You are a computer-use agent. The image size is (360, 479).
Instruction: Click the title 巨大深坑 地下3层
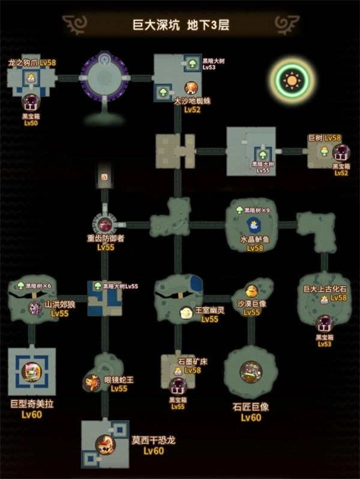point(181,25)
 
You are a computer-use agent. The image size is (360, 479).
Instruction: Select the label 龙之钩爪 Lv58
point(31,62)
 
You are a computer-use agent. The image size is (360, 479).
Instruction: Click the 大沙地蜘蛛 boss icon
point(191,88)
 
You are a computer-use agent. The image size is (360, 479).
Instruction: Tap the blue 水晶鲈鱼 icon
point(253,225)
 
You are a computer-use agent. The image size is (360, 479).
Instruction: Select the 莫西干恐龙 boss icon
point(106,444)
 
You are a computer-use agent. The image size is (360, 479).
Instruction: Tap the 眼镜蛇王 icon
point(92,382)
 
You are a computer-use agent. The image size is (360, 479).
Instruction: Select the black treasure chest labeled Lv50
point(30,102)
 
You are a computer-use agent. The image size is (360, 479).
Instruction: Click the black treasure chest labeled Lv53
point(324,324)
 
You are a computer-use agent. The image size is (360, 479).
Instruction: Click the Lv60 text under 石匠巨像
point(251,417)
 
